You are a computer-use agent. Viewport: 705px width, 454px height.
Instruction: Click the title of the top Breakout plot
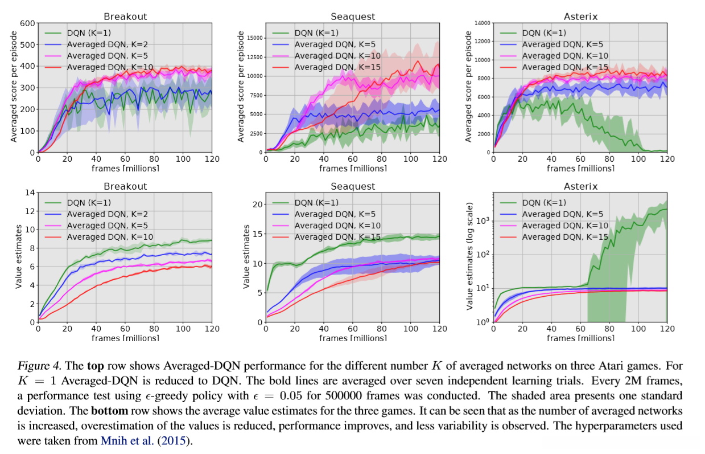coord(125,17)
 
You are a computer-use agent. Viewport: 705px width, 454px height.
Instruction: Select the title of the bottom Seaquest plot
coord(353,186)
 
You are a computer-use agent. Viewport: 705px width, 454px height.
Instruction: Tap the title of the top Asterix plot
coord(580,17)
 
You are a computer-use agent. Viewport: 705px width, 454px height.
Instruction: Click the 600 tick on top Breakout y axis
coord(27,23)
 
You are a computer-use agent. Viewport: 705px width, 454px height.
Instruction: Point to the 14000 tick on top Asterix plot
coord(480,23)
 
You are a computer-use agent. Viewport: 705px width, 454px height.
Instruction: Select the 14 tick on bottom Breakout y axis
coord(29,193)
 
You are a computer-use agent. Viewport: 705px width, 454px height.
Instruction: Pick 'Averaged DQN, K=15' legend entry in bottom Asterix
coord(565,237)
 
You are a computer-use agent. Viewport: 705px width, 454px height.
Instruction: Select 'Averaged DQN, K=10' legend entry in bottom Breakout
coord(110,237)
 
